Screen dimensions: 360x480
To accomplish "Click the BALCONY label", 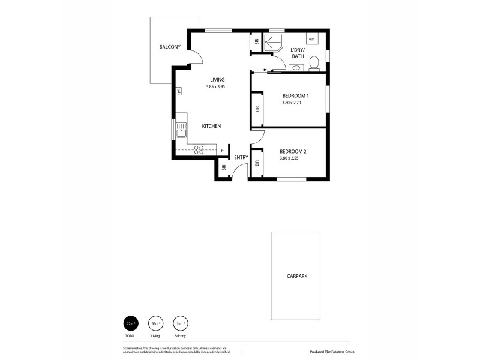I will [170, 47].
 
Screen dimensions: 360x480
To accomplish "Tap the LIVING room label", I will [217, 80].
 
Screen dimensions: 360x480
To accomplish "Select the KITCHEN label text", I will [211, 126].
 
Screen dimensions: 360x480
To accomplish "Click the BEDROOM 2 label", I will [293, 151].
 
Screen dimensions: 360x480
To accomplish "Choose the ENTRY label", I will [241, 158].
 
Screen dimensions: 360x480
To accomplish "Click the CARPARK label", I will [297, 277].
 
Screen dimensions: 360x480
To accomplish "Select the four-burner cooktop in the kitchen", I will [199, 150].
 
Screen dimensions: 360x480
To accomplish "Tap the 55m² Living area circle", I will [155, 323].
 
